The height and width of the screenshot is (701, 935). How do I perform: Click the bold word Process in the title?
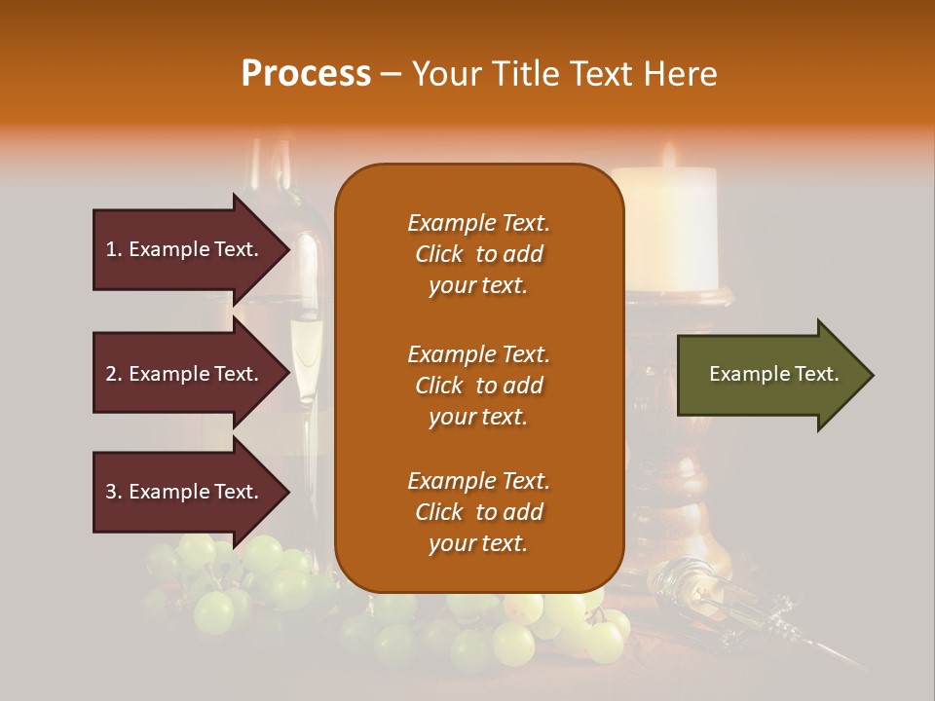306,74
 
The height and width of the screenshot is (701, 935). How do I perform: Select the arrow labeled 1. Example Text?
185,249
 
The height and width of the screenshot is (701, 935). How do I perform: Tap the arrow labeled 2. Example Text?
185,374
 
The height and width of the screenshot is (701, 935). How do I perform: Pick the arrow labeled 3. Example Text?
185,492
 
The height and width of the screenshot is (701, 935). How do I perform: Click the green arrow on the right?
769,375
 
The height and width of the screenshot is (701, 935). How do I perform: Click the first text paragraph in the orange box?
478,254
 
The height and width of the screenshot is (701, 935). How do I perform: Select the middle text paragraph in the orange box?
478,386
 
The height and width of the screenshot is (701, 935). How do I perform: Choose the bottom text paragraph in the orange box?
478,512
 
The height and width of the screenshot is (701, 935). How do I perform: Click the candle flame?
669,156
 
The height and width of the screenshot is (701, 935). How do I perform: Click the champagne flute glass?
306,350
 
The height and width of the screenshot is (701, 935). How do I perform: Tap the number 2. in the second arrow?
114,374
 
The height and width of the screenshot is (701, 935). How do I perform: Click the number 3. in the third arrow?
114,492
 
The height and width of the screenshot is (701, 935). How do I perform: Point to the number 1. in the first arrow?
113,249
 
